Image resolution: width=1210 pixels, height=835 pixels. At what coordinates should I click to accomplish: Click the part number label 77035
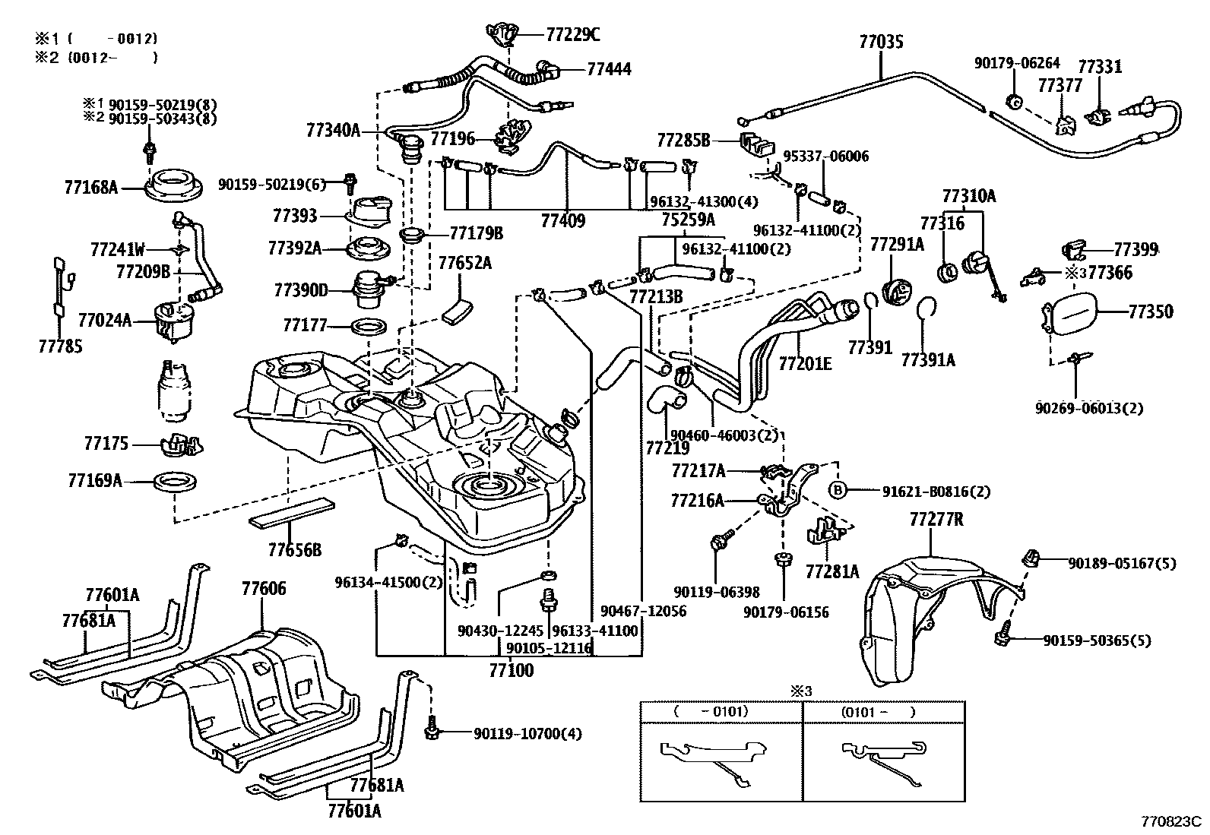click(x=881, y=42)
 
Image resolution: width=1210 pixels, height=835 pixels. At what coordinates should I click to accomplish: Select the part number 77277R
click(x=936, y=520)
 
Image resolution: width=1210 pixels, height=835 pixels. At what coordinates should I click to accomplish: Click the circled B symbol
click(x=837, y=491)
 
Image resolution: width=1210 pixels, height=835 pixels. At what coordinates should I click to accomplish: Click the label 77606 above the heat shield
click(x=264, y=588)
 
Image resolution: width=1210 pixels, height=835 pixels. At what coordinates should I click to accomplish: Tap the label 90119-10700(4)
click(x=527, y=733)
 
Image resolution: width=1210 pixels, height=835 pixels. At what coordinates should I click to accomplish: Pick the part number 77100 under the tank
click(x=511, y=671)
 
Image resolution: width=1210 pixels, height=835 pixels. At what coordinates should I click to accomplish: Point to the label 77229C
click(x=572, y=34)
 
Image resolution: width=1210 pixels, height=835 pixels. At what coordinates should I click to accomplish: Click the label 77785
click(x=60, y=347)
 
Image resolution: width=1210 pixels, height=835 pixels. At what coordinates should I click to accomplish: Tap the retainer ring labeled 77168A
click(x=174, y=186)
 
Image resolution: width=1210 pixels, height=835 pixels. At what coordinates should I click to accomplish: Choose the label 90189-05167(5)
click(x=1121, y=563)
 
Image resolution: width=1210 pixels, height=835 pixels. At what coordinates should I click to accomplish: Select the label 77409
click(x=562, y=221)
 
